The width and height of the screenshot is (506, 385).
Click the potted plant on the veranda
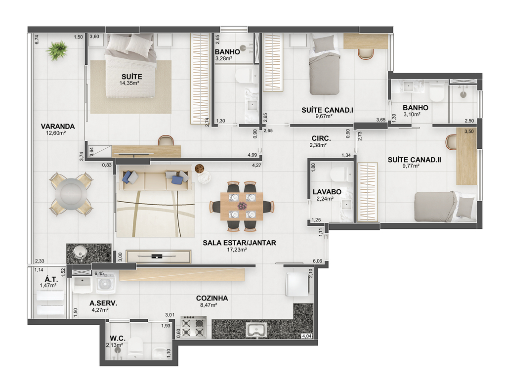[x=57, y=50]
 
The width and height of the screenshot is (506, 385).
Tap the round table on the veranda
[x=71, y=194]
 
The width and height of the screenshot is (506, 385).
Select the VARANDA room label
[x=58, y=127]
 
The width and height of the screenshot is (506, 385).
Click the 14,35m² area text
[x=129, y=83]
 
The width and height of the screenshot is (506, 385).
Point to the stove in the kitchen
[x=193, y=327]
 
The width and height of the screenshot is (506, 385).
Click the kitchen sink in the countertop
[x=256, y=330]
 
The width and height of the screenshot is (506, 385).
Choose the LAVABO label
[x=327, y=192]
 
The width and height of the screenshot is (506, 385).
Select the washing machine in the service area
[x=106, y=283]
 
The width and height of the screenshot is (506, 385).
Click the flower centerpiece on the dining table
[x=242, y=206]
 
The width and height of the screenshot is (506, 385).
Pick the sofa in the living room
[x=156, y=178]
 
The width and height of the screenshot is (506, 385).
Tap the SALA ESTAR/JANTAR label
[x=239, y=243]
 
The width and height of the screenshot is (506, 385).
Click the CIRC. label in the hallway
[x=321, y=138]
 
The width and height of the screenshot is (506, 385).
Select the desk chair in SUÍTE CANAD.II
[x=450, y=142]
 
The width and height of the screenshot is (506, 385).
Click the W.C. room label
[x=118, y=339]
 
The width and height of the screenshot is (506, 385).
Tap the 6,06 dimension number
[x=317, y=261]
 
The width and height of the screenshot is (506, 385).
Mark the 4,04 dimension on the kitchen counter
[x=306, y=336]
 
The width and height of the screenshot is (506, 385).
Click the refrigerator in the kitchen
[x=297, y=284]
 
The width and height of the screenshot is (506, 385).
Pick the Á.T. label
[x=51, y=279]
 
